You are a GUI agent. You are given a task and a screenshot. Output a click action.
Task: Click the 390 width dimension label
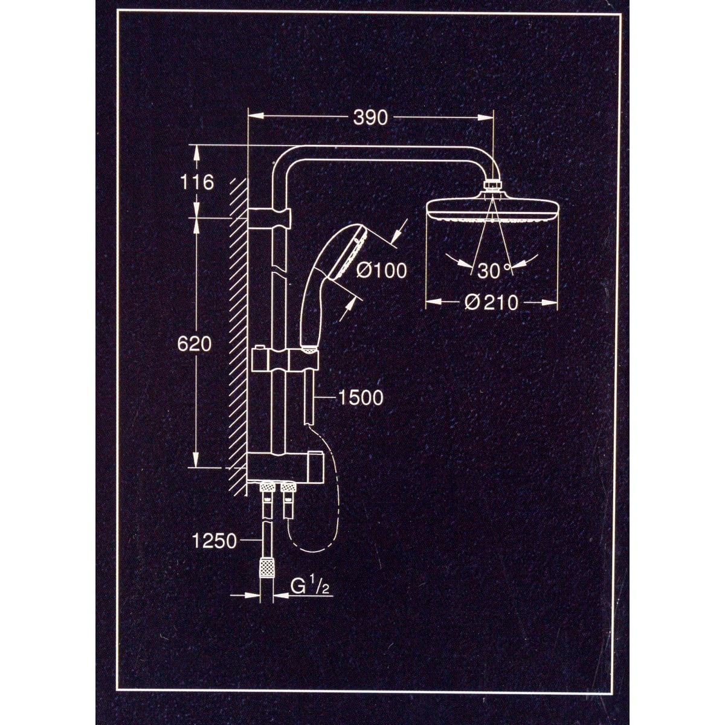pos(370,118)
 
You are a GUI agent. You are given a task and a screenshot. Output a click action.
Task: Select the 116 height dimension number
pos(197,182)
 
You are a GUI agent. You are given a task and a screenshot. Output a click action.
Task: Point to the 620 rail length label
pos(194,344)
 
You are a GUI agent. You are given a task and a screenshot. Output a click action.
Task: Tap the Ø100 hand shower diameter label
pos(381,270)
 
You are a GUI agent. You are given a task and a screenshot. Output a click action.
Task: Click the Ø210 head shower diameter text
pos(491,302)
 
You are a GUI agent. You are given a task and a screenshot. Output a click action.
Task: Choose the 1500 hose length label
pos(361,398)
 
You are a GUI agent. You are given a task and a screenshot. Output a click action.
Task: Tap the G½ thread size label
pos(310,587)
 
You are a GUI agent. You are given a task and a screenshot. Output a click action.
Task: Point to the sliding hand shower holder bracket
pos(285,359)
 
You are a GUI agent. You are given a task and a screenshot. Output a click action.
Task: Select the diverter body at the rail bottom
pos(285,466)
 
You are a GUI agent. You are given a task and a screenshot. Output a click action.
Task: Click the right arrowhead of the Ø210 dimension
pos(550,301)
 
